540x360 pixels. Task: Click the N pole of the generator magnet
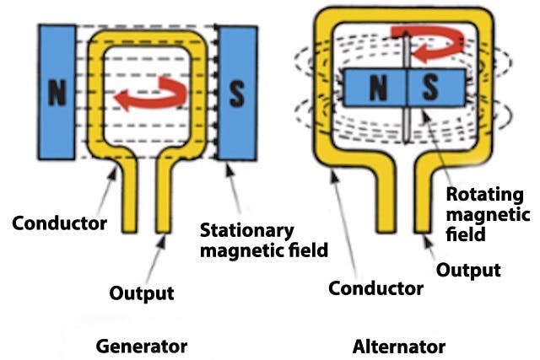tap(57, 93)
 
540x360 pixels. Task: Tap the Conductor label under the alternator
tap(375, 288)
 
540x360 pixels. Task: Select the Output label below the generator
tap(142, 293)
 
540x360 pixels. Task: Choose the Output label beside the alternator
tap(468, 270)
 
